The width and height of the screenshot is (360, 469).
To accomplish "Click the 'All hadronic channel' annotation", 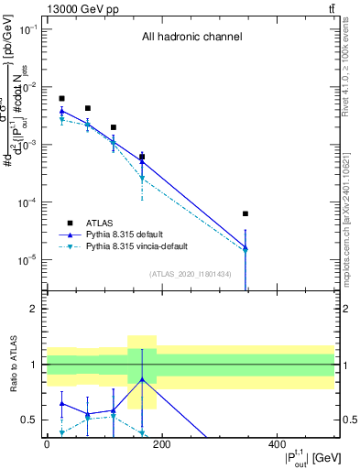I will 191,38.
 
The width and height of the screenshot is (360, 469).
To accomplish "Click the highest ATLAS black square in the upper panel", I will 61,98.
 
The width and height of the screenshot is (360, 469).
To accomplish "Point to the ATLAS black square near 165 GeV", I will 142,157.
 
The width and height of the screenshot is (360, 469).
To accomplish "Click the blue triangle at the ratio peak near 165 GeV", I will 142,379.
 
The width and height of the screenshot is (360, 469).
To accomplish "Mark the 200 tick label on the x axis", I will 161,444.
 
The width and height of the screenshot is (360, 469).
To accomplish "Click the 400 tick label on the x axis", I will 277,444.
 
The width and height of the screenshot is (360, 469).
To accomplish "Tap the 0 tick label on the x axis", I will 47,444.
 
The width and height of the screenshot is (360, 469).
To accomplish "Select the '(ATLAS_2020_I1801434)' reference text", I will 190,274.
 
